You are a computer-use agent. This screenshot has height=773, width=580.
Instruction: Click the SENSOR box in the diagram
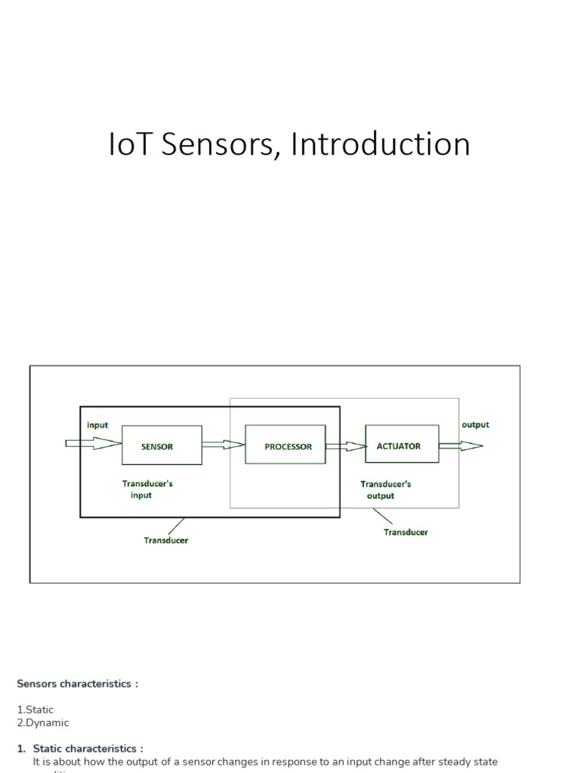coord(162,445)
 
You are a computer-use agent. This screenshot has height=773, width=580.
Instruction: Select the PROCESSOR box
coord(285,445)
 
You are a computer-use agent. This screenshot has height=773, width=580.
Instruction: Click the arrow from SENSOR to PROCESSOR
coord(224,445)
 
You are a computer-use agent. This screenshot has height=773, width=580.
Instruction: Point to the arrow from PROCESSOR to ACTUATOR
coord(345,446)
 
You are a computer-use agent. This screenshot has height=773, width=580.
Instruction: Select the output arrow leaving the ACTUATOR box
coord(460,446)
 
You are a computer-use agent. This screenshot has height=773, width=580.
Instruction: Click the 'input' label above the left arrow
coord(97,425)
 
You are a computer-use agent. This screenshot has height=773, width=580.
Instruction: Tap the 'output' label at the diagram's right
coord(475,425)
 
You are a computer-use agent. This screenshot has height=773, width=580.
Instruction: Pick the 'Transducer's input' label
coord(147,489)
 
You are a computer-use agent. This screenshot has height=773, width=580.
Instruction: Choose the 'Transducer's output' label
coord(385,490)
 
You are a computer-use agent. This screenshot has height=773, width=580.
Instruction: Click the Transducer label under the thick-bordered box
coord(166,540)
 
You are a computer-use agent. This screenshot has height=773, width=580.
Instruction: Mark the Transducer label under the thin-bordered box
coord(406,532)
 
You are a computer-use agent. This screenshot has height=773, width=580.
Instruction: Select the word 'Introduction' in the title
coord(381,144)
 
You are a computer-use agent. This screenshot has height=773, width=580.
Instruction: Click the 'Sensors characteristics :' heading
coord(78,684)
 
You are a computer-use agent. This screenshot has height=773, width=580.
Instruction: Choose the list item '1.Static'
coord(35,710)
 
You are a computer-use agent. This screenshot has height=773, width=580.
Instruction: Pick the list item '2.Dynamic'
coord(43,722)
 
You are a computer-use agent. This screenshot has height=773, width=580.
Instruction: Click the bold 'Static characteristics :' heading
coord(88,749)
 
